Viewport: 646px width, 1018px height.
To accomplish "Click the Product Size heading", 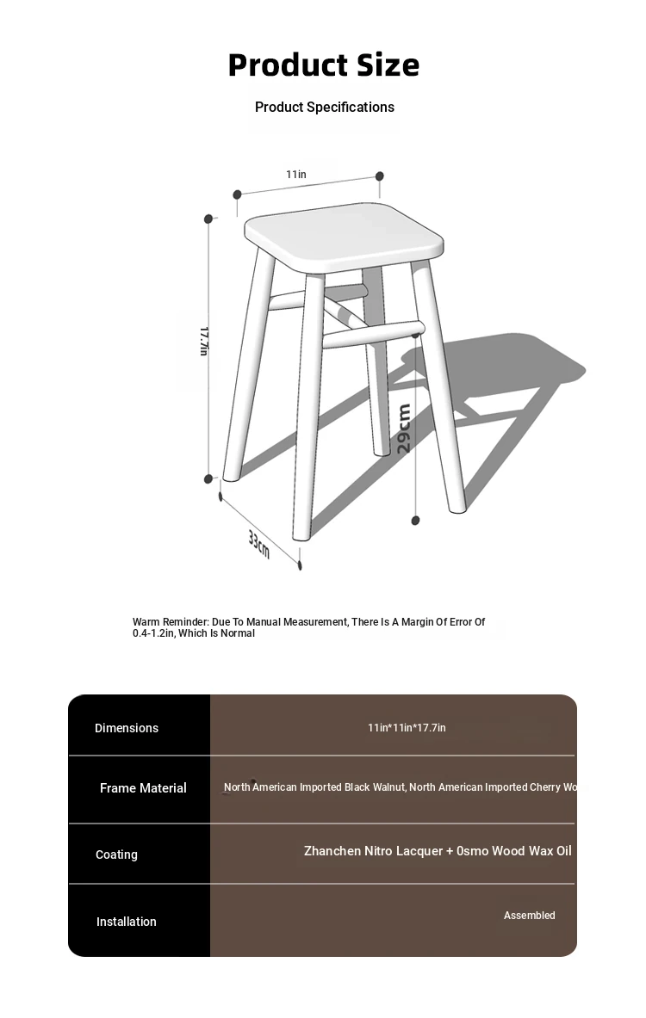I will point(323,65).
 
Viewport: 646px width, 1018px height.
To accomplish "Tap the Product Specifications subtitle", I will point(325,107).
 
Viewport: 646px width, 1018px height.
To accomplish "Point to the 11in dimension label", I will point(296,175).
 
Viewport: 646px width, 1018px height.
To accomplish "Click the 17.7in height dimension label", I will point(204,341).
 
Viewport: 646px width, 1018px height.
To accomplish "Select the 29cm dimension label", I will point(404,429).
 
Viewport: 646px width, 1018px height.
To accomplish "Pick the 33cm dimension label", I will point(259,544).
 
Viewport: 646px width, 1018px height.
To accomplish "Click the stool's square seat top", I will point(343,233).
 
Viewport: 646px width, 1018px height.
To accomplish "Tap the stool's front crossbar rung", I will point(373,334).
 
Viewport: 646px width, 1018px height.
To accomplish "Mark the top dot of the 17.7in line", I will point(208,219).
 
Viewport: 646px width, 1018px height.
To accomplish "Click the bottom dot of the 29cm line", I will point(416,521).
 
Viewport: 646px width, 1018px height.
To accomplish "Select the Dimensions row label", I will point(127,728).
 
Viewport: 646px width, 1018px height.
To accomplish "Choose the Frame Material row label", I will point(143,788).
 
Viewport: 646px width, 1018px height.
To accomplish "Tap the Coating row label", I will point(116,855).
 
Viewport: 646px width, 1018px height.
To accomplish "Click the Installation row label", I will point(127,922).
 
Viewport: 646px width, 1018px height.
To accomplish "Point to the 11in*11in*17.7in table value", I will point(407,728).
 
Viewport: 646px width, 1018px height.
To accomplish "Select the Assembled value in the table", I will point(529,916).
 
